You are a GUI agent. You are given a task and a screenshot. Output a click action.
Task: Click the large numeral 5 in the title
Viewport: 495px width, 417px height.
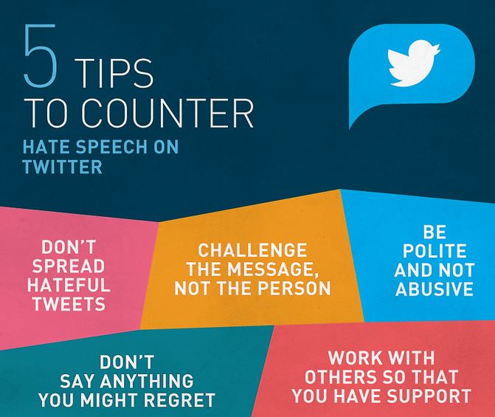[x=41, y=56]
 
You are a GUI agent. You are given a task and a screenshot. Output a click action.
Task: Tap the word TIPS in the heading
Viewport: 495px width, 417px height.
[x=115, y=73]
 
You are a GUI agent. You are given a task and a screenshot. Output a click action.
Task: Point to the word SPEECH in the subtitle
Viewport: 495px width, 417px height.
[x=111, y=147]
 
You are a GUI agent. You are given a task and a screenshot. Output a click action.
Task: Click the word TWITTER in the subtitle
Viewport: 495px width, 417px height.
[x=63, y=167]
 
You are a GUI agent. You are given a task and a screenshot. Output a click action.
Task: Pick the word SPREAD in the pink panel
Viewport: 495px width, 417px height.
[x=68, y=266]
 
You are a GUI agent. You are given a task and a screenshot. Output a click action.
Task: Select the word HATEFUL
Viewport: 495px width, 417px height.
[x=69, y=285]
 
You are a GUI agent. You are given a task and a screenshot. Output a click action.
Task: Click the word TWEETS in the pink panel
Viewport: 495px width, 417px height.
[x=69, y=304]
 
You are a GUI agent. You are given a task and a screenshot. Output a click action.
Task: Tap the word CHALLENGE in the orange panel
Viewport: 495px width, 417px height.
[x=252, y=250]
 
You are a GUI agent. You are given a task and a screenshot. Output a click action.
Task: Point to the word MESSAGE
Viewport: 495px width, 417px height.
[x=273, y=269]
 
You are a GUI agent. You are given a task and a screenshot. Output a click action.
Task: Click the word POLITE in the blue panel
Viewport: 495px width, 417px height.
[x=435, y=251]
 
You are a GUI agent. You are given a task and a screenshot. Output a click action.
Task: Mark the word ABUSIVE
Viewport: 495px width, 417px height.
[x=435, y=289]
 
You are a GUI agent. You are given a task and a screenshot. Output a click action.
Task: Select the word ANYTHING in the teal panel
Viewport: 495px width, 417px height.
[x=147, y=381]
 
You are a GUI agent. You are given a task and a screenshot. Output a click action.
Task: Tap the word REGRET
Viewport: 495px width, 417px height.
[x=179, y=399]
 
